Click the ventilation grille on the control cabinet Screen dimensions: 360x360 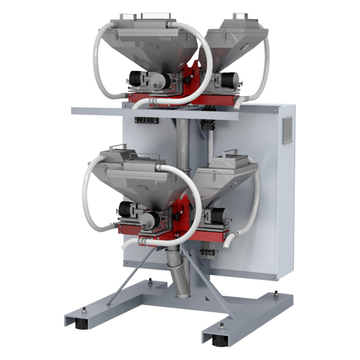287,131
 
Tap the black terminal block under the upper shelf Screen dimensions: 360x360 148,121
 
